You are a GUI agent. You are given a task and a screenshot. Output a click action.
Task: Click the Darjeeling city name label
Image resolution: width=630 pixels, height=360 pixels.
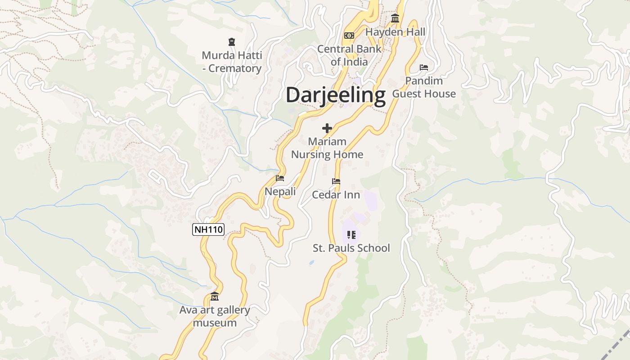coord(336,95)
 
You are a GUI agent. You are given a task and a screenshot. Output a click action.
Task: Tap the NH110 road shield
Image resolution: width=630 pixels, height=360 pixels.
coord(208,229)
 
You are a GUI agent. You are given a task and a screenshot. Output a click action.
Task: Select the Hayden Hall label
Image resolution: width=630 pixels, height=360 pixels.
coord(395,32)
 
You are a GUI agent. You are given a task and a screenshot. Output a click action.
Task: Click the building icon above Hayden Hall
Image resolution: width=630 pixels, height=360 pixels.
coord(395,18)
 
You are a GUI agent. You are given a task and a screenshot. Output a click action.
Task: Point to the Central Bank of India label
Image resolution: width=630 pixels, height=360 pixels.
coord(349,55)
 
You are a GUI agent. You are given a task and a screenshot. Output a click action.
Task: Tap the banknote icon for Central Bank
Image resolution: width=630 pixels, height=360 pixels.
coord(349,36)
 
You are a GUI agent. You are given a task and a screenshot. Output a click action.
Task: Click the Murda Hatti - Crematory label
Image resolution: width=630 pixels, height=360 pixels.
coord(232,62)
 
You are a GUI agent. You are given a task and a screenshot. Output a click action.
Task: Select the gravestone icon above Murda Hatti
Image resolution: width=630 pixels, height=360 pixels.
coord(232,42)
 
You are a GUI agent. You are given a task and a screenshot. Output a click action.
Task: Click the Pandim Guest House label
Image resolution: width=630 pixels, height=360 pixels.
coord(424,87)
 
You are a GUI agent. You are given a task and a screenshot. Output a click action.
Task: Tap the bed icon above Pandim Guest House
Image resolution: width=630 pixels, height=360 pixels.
coord(424,67)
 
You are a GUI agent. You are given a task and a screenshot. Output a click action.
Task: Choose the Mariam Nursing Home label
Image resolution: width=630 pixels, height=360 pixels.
coord(327,148)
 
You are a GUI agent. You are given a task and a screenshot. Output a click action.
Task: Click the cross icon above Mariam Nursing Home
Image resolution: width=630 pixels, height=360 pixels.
coord(327,128)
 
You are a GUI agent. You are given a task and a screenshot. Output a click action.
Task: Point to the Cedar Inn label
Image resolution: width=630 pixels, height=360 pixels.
coord(336,195)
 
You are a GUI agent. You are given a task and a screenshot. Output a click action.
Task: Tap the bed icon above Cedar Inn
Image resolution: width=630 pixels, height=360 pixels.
coord(336,181)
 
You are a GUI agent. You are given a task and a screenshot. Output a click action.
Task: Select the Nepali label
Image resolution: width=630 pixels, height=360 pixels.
coord(280,192)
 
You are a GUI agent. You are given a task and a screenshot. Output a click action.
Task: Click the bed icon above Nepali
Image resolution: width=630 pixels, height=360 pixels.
coord(280,178)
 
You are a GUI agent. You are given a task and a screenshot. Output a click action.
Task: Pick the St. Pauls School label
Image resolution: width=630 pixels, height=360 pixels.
coord(351,248)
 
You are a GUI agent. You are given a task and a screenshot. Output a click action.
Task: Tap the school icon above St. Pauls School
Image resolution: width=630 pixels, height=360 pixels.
coord(351,234)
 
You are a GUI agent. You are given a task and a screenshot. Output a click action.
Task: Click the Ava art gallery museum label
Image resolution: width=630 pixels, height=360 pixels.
coord(215,316)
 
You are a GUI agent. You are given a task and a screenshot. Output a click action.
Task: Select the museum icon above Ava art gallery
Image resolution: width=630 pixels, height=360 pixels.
coord(215,297)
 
